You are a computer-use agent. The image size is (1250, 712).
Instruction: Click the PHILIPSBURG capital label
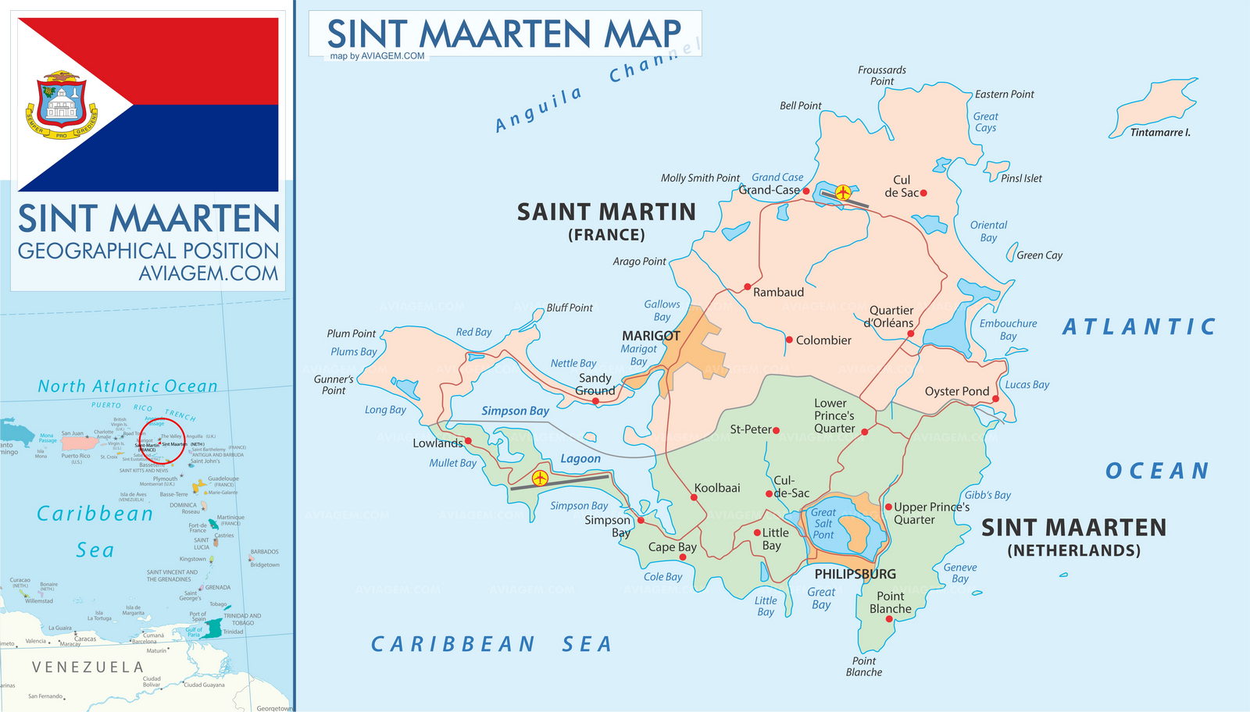pos(855,574)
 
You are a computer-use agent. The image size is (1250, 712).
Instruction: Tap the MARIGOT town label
pos(651,336)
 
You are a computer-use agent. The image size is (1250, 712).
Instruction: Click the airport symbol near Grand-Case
pos(843,192)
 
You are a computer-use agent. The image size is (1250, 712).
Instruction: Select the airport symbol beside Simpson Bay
pos(540,478)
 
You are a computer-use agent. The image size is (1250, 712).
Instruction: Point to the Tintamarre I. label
pos(1160,133)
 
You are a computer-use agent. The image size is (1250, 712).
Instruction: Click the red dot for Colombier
pos(789,340)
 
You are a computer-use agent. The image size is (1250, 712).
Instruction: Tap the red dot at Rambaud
pos(748,287)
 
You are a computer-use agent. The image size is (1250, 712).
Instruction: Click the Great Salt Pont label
pos(823,524)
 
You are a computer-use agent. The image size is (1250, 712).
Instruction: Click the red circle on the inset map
pos(162,440)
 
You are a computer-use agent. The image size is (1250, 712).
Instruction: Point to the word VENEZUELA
pos(87,667)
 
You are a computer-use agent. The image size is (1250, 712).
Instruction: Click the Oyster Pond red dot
pos(995,399)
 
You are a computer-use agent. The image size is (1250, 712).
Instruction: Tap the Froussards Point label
pos(882,75)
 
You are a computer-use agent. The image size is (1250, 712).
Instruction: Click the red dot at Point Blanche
pos(888,619)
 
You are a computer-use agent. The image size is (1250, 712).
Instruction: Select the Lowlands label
pos(437,443)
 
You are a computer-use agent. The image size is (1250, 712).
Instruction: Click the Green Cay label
pos(1039,255)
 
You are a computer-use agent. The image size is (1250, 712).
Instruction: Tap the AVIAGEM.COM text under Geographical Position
pos(208,273)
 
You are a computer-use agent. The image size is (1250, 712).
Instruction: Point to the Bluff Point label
pos(570,308)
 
